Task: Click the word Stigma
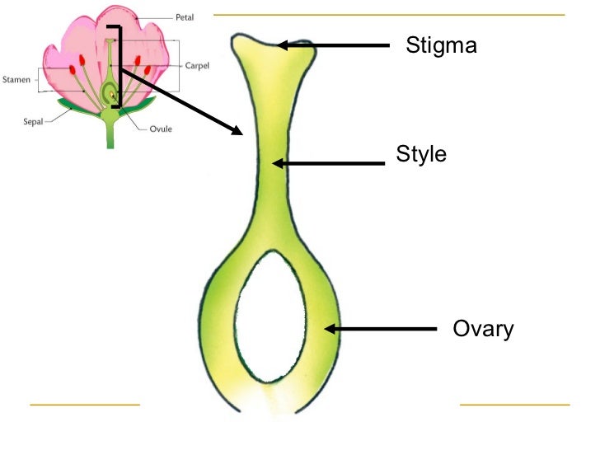click(x=441, y=45)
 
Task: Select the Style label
click(x=421, y=154)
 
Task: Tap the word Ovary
click(x=483, y=329)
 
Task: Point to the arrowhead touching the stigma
click(x=284, y=46)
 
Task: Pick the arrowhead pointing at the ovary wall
click(x=330, y=329)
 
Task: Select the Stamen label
click(x=18, y=80)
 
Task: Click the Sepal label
click(x=32, y=120)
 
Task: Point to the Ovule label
click(x=161, y=129)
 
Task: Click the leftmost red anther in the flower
click(x=72, y=61)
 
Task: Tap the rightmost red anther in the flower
click(x=148, y=69)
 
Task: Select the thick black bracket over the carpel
click(x=120, y=66)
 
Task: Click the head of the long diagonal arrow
click(x=237, y=129)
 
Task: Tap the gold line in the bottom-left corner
click(x=85, y=405)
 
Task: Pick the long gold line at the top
click(x=388, y=15)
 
